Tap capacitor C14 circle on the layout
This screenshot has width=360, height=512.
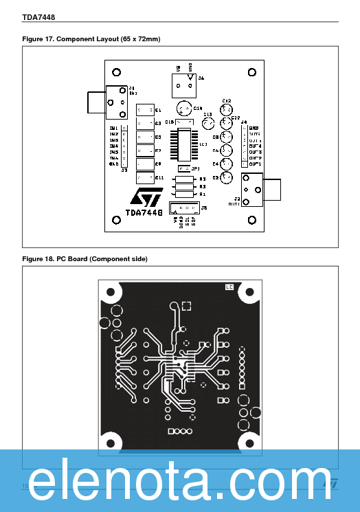pos(183,109)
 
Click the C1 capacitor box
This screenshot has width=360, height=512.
pos(145,110)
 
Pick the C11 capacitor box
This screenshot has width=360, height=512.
pos(145,178)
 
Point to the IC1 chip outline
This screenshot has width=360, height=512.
pos(186,144)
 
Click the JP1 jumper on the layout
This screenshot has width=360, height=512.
pos(183,168)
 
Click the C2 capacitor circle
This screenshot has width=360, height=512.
pos(226,177)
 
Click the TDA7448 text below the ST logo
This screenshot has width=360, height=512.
pos(144,214)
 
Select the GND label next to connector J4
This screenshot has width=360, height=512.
pos(254,129)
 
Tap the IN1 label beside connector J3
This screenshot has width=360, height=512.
pos(113,128)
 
